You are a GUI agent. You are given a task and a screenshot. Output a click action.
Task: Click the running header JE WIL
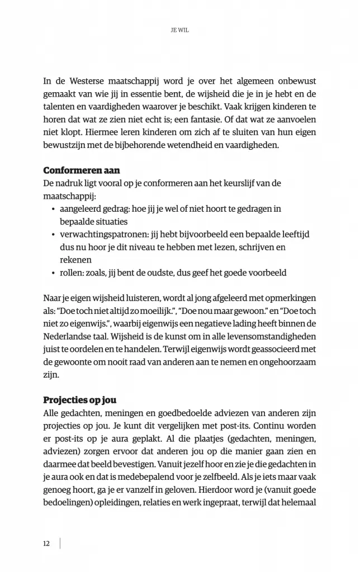coord(179,31)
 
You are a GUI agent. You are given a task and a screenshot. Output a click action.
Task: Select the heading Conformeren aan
coord(82,170)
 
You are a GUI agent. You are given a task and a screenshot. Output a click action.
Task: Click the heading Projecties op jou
coord(79,401)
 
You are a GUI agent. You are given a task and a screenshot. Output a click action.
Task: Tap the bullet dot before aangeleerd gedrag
coord(53,209)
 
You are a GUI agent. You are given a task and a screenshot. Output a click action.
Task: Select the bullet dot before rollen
coord(53,274)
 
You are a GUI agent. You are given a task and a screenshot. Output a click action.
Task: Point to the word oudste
coord(185,273)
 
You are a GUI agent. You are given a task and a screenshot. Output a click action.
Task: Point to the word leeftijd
coord(300,235)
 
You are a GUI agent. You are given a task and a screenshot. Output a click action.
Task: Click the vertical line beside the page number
coord(60,544)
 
